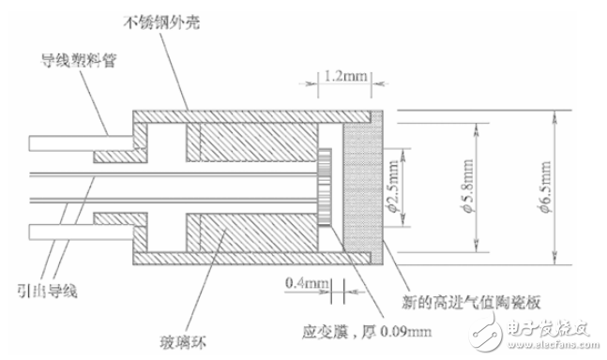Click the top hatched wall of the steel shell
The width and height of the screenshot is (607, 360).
pos(253,116)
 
